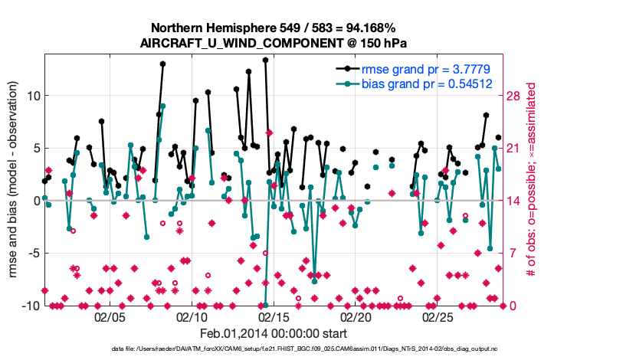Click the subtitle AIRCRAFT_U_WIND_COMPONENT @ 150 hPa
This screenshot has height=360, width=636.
click(274, 43)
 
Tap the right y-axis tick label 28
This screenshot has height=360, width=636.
click(515, 96)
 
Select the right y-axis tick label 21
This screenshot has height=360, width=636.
click(515, 149)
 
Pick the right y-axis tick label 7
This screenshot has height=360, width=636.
click(512, 254)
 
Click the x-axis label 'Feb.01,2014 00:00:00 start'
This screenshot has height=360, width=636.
click(274, 333)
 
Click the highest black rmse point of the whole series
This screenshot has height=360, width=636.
click(265, 60)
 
